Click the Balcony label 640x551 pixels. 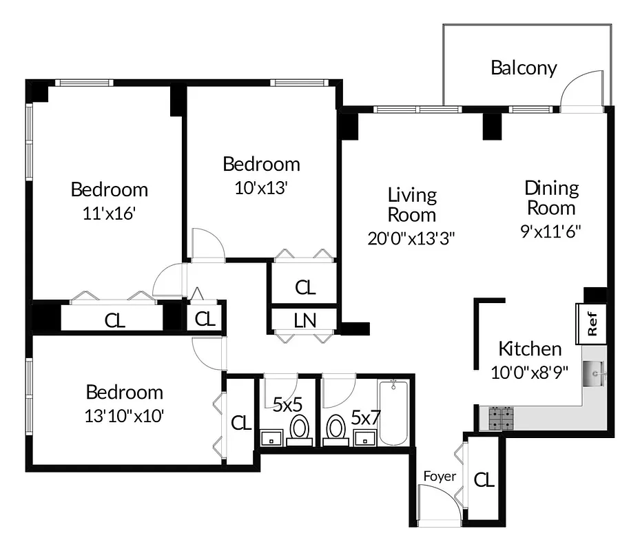524,68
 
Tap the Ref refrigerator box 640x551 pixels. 592,324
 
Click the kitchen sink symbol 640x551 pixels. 595,375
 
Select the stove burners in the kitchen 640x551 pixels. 502,417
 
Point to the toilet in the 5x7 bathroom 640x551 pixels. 336,427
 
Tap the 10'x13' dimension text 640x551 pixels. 260,188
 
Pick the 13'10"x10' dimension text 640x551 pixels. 124,415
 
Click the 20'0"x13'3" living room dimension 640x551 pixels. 411,238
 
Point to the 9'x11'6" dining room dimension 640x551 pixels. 551,231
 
